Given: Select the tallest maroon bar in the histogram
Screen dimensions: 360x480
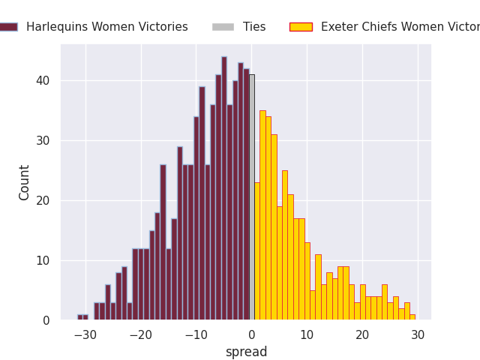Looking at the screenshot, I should point(223,188).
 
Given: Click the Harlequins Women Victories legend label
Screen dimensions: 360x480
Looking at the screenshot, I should point(106,27).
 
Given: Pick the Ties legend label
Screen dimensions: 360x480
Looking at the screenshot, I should point(254,27).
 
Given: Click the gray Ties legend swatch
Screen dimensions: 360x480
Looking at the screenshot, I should point(223,27).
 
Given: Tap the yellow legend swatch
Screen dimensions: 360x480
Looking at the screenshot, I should point(301,27).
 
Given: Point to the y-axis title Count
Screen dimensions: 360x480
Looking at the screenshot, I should point(25,182).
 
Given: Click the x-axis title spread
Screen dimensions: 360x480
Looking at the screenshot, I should point(246,352).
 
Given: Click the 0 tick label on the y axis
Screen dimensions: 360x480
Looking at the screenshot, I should point(47,320).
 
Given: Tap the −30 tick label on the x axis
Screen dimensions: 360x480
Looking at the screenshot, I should point(85,334).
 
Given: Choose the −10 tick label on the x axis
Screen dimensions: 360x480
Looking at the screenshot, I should point(196,334).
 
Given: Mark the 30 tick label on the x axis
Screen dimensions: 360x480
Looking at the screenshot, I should point(418,334).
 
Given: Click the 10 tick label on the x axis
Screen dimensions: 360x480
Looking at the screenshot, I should point(307,334).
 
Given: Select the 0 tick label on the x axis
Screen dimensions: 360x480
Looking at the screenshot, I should point(251,334).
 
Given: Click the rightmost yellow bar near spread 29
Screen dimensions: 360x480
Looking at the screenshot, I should point(412,317).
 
